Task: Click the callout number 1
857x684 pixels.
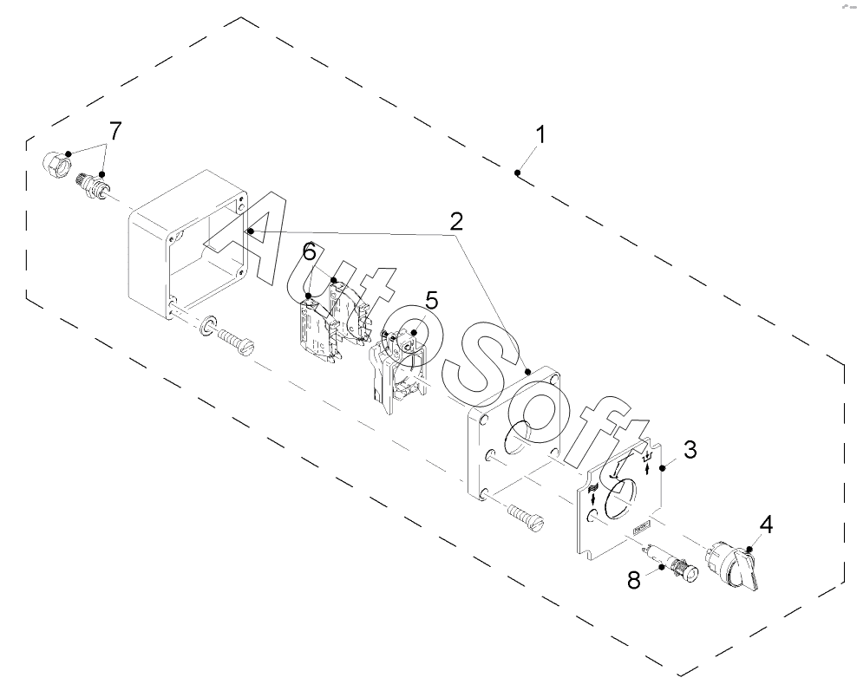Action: point(540,136)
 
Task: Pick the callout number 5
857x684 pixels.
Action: point(432,300)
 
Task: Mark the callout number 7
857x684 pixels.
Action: point(114,131)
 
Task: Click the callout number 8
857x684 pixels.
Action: point(634,580)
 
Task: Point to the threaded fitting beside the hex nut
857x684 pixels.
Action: point(94,186)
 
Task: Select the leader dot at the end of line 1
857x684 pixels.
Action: point(517,173)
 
